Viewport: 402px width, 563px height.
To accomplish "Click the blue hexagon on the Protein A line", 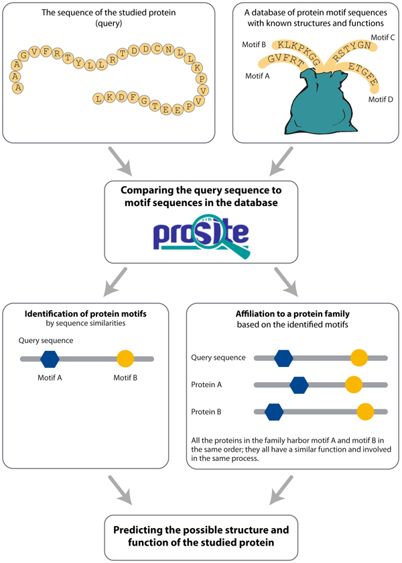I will click(298, 385).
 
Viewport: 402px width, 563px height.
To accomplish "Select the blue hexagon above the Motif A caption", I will click(50, 360).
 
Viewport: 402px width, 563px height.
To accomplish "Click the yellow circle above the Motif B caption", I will click(125, 360).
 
